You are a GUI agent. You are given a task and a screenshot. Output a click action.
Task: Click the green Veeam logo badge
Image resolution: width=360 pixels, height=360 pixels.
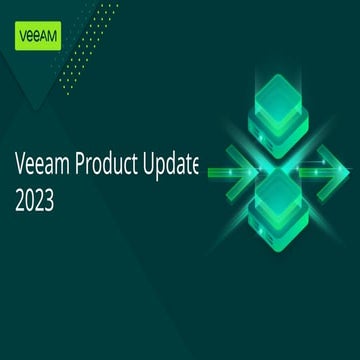pyautogui.click(x=37, y=37)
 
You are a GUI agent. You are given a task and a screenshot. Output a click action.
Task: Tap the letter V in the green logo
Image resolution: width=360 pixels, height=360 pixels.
pyautogui.click(x=24, y=37)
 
